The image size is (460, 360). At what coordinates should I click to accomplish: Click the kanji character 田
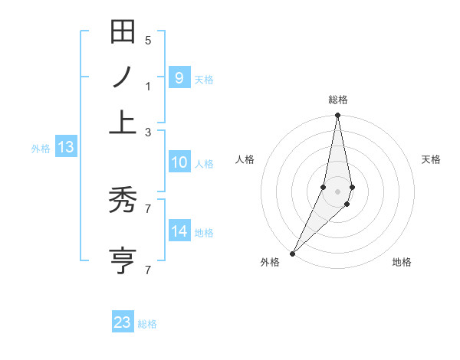[123, 32]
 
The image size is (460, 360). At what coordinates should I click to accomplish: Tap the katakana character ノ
[123, 77]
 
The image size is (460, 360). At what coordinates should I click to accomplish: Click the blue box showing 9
[179, 77]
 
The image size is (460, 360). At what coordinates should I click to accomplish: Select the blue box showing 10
[179, 162]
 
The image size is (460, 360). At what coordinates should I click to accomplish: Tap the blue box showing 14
[179, 231]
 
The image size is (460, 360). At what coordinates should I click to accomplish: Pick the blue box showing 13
[65, 148]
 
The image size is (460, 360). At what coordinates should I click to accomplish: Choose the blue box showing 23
[123, 322]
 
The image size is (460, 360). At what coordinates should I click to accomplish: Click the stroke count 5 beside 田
[148, 41]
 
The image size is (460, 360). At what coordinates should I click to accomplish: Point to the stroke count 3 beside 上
[148, 132]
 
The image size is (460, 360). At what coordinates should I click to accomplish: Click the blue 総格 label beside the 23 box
[147, 324]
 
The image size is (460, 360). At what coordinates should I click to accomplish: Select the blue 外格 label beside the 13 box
[41, 149]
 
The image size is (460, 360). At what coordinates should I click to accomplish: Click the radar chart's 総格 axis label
[337, 100]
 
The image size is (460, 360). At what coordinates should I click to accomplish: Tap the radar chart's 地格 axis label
[402, 262]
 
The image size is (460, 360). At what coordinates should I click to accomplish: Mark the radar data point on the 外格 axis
[292, 253]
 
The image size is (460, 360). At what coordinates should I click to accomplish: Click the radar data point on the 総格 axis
[337, 116]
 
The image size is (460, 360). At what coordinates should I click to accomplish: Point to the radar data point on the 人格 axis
[324, 187]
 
